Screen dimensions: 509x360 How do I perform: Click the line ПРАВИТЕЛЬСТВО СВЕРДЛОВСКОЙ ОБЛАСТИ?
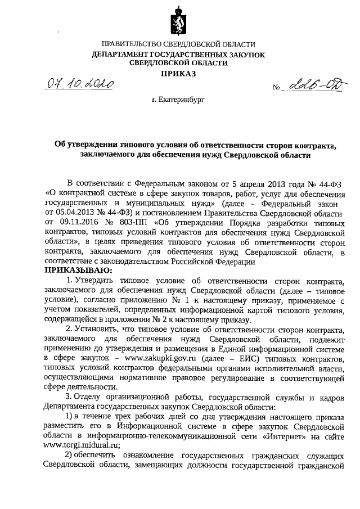pyautogui.click(x=178, y=44)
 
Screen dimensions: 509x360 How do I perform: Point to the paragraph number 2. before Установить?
pyautogui.click(x=70, y=329)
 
